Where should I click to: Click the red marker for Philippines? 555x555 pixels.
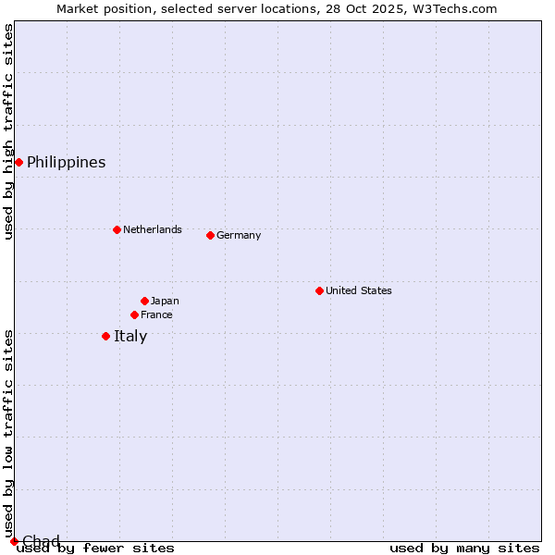click(18, 163)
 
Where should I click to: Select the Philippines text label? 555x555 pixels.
click(66, 163)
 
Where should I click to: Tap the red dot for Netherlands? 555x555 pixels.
click(117, 229)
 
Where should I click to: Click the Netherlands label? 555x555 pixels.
click(152, 229)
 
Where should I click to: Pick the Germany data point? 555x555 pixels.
click(210, 235)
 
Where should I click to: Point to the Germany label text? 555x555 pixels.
click(239, 235)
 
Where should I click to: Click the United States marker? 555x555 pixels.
click(319, 290)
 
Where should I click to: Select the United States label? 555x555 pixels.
click(358, 290)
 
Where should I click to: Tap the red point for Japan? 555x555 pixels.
click(144, 301)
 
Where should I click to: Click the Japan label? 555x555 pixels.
click(165, 301)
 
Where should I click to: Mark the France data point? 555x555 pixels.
click(134, 314)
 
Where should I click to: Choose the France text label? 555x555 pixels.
click(156, 314)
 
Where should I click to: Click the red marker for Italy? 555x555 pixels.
click(105, 336)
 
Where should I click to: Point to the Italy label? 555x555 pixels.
click(130, 336)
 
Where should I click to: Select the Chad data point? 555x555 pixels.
click(14, 541)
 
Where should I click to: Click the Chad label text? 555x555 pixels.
click(41, 541)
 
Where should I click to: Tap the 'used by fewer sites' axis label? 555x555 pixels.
click(95, 549)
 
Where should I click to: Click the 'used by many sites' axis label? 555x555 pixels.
click(464, 549)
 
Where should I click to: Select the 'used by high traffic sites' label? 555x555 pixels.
click(8, 131)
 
